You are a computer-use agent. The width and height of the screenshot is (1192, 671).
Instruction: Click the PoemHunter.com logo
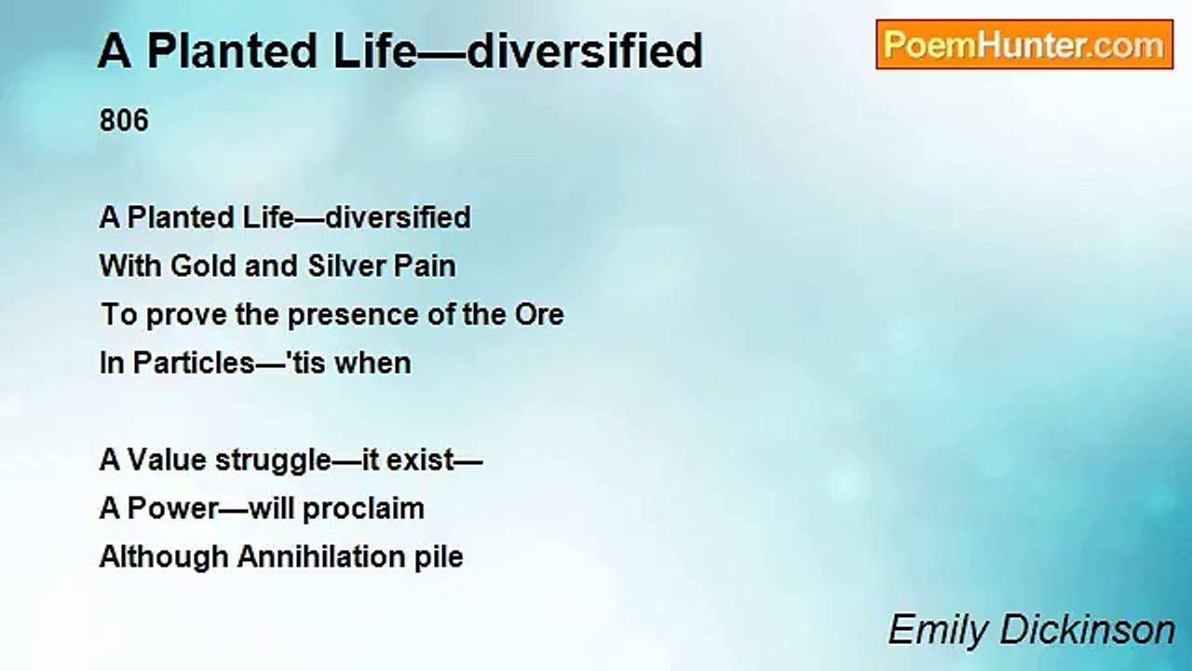1024,45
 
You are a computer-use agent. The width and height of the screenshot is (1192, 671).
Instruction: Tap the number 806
124,121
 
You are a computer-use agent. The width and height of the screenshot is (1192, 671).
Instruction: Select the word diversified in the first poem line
398,218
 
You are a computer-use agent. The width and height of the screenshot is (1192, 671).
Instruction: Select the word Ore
539,315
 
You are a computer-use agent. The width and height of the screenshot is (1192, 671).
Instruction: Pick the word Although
164,557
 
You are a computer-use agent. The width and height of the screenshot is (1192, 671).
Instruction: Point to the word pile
438,557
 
